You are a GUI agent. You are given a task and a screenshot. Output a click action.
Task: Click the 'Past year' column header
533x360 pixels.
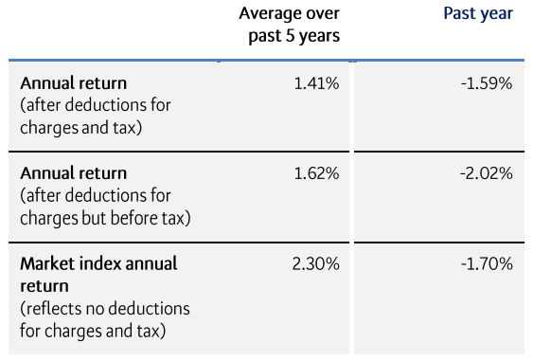coord(477,14)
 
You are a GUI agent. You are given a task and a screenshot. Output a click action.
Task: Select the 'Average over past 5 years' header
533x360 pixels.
coord(289,25)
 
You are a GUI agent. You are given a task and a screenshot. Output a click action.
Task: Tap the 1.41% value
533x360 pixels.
coord(317,83)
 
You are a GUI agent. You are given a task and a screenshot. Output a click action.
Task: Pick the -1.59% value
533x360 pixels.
coord(487,83)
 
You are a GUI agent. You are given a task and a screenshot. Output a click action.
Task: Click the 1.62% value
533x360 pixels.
coord(317,173)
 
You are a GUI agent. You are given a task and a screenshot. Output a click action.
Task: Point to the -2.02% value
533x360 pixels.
coord(487,173)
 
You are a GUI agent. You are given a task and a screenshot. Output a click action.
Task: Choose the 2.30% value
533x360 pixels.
coord(316,263)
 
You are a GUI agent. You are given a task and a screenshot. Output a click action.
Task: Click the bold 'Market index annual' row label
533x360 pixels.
coord(98,263)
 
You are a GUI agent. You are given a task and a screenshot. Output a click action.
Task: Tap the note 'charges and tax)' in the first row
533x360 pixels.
coord(81,127)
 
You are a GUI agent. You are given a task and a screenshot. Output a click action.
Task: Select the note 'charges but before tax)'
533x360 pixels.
coord(105,217)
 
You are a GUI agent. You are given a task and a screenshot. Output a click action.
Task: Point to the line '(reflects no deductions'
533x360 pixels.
coord(105,309)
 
